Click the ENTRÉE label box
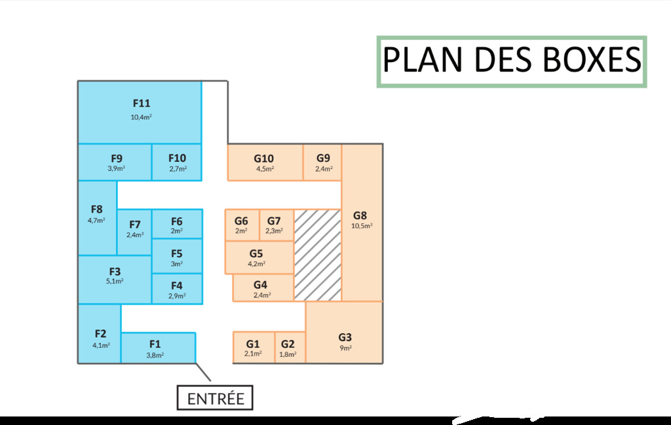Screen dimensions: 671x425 pos(215,397)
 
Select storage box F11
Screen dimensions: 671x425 pos(140,112)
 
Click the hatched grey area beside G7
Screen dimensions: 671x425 pos(318,255)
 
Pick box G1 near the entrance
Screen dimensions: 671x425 pos(254,347)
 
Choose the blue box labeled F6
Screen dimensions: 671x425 pos(177,223)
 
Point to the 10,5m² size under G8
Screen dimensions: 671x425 pos(362,226)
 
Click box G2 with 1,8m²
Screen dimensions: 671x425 pos(290,347)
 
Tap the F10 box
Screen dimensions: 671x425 pos(177,162)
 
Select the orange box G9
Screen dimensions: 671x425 pos(322,162)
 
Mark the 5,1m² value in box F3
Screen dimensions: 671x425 pos(115,281)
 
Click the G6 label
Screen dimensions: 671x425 pos(241,221)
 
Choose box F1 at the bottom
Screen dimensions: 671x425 pos(159,348)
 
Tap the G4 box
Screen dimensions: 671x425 pos(263,287)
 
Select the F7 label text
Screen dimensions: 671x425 pos(135,225)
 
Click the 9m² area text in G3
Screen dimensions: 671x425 pos(346,348)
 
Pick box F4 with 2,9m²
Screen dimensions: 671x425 pos(177,289)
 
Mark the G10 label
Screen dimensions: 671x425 pos(263,158)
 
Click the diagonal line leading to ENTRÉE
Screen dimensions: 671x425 pos(203,372)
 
